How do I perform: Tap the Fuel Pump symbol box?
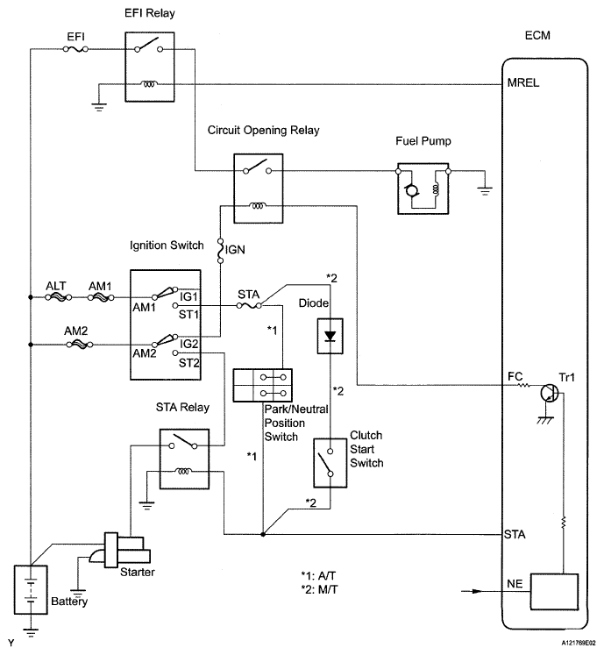coord(423,188)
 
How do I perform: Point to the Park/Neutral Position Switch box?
coord(263,385)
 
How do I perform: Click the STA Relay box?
coord(183,458)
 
